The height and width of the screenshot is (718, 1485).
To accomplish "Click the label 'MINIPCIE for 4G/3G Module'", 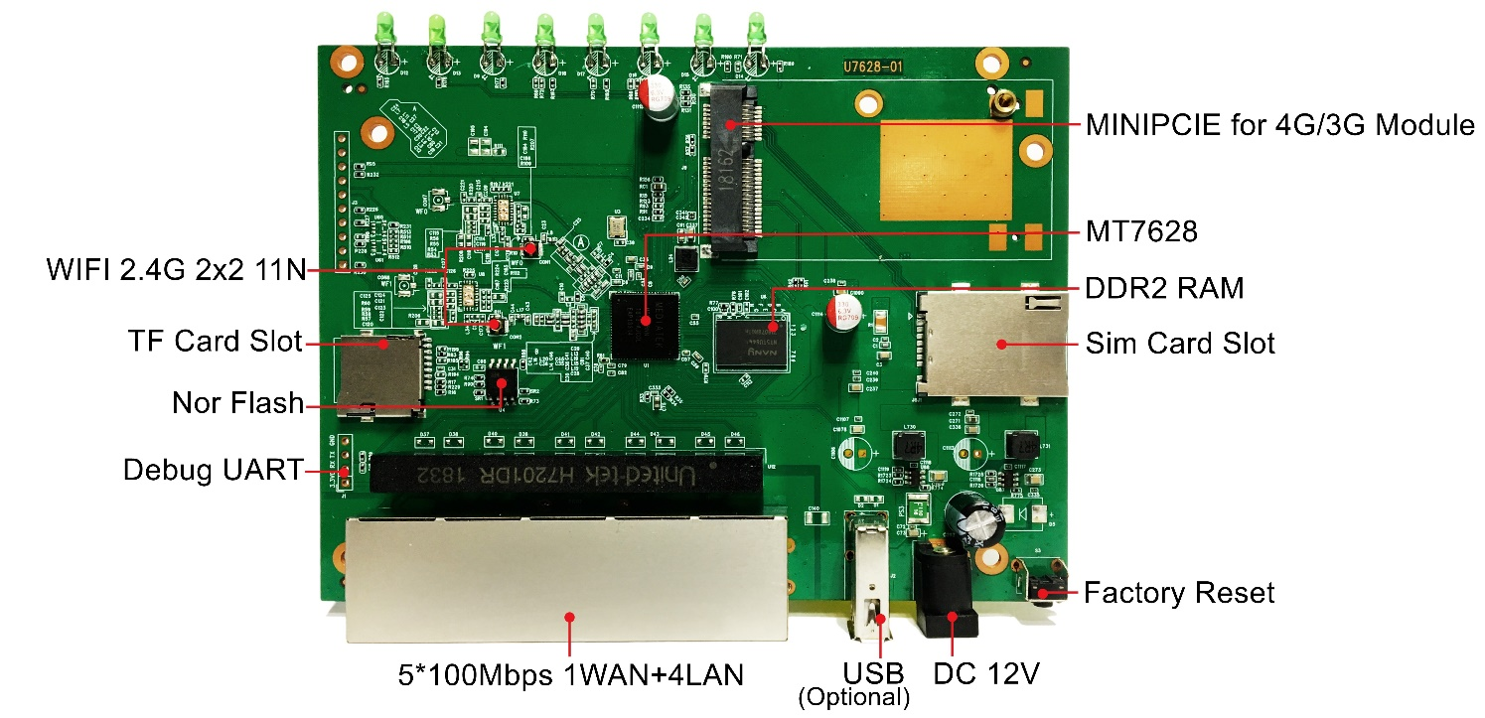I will [x=1280, y=126].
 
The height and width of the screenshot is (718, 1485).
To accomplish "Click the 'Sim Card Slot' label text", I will [x=1179, y=345].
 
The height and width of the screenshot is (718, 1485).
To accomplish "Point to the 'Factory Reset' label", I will [x=1178, y=594].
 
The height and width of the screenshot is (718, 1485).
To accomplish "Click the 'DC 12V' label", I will [x=985, y=674].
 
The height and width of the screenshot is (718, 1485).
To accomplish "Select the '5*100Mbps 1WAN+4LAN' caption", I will [x=569, y=676].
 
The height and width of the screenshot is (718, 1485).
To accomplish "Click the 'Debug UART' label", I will [x=212, y=470].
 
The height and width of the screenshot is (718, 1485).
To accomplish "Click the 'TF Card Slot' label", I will [x=215, y=342].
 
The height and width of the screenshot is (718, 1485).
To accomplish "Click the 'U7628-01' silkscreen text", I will [x=873, y=68].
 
